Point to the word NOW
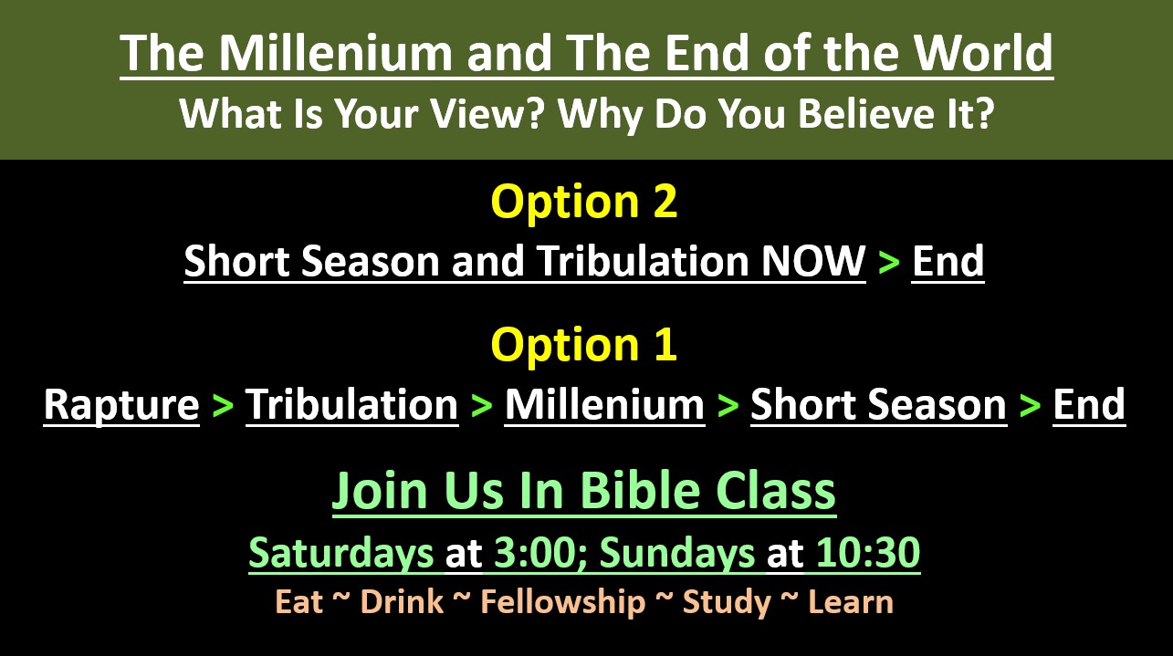coord(813,260)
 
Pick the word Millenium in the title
coord(335,52)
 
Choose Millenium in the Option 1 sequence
coord(604,405)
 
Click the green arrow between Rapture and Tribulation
coord(223,406)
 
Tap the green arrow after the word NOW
coord(889,262)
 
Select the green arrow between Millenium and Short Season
coord(728,406)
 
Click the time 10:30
coord(868,552)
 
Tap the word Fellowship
coord(563,601)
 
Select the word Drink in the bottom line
coord(403,601)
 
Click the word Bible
coord(640,490)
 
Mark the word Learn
coord(851,601)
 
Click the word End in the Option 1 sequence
coord(1089,405)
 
